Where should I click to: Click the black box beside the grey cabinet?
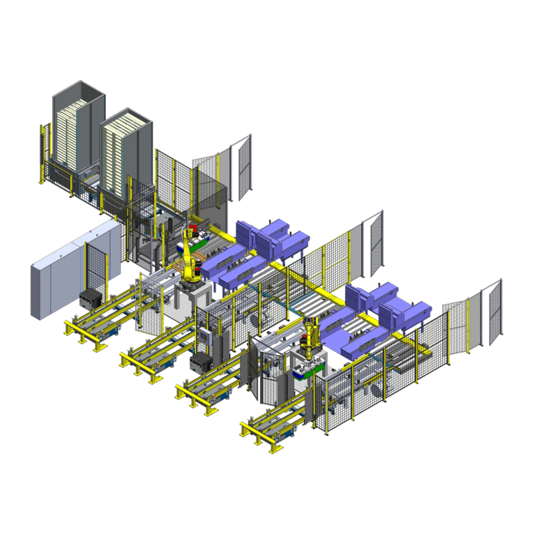click(92, 300)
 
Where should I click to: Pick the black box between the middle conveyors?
click(202, 362)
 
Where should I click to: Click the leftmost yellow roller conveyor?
click(97, 316)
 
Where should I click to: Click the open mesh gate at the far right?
click(492, 309)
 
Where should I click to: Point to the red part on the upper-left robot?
click(193, 228)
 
